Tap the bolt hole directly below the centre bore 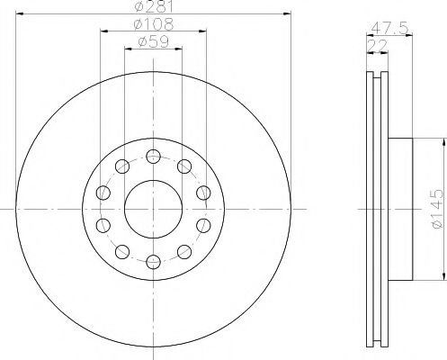point(153,262)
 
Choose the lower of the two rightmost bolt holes point(203,224)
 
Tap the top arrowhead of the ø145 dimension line point(442,142)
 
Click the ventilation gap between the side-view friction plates point(378,206)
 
